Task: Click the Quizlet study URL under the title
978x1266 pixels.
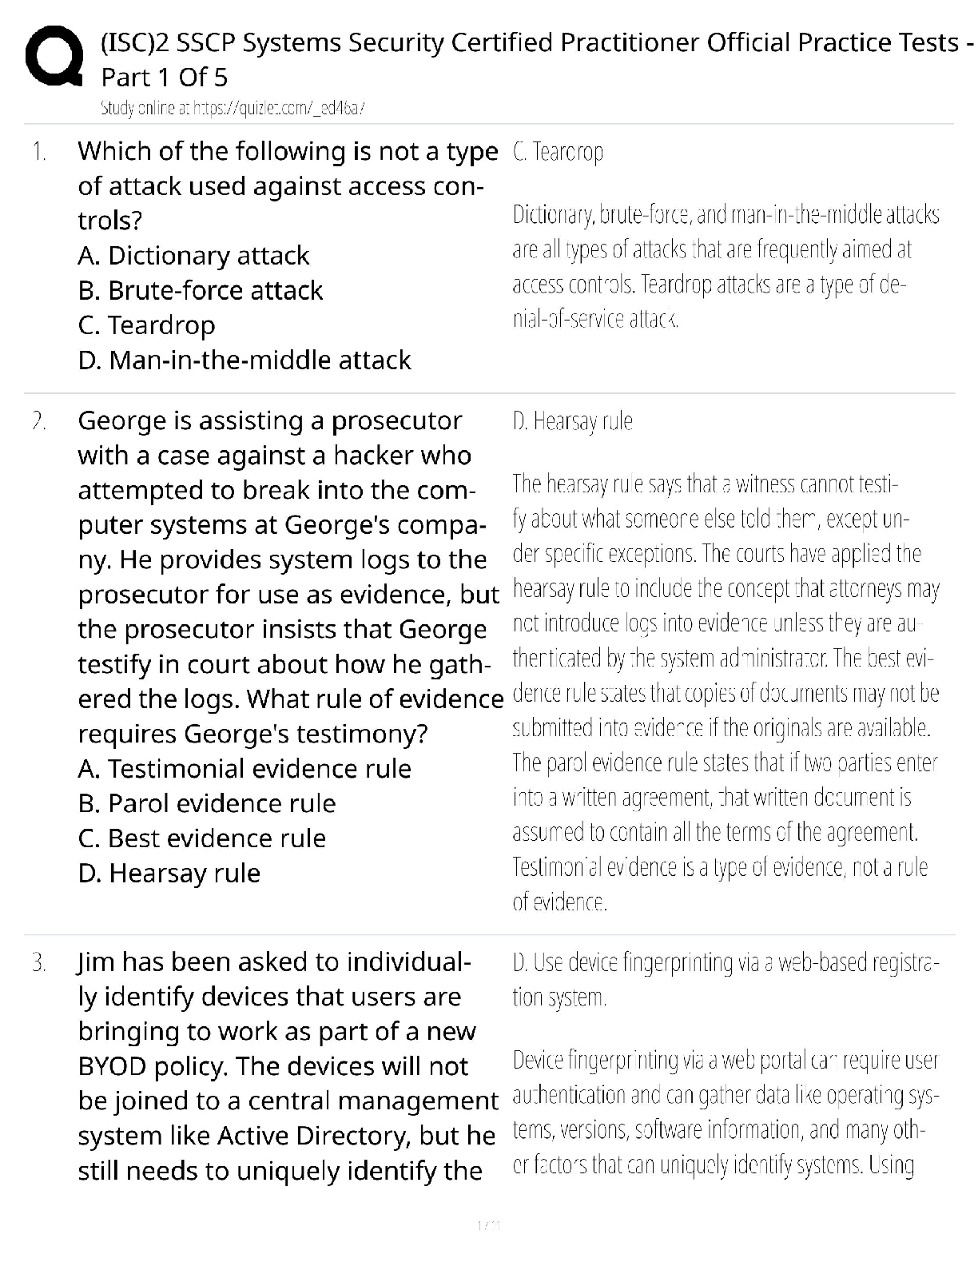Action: (x=233, y=108)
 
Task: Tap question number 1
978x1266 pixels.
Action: (x=39, y=151)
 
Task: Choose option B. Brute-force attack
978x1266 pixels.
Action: (x=201, y=290)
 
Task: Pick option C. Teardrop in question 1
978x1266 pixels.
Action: (x=147, y=325)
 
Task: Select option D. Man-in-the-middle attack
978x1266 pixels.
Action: (x=245, y=360)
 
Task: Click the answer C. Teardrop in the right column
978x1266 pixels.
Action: (x=558, y=151)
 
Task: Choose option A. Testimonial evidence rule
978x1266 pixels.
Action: (x=245, y=769)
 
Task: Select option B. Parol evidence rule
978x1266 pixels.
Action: (x=207, y=803)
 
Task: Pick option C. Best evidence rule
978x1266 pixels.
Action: (x=202, y=838)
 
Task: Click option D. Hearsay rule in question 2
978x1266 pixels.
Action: (x=169, y=873)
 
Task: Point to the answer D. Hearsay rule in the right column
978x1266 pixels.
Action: (x=572, y=420)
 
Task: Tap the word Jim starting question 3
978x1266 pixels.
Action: (x=97, y=961)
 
